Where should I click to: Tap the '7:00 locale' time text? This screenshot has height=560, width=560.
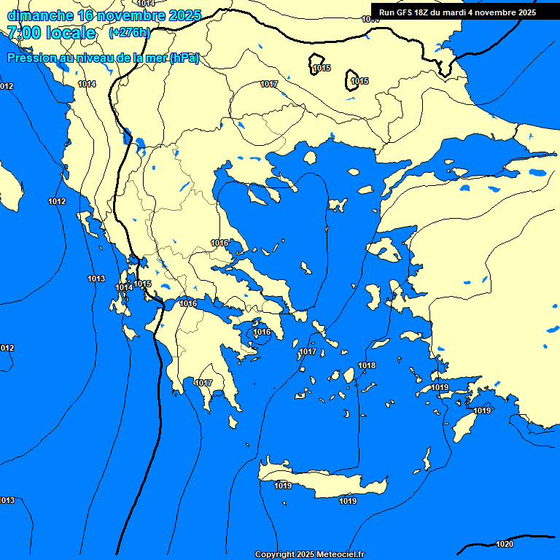tap(51, 33)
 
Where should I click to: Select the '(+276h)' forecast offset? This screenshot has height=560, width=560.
tap(130, 33)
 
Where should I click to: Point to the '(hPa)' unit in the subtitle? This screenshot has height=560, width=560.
tap(184, 58)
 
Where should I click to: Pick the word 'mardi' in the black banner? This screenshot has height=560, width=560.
tap(451, 12)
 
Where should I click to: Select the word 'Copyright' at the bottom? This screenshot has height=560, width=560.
tap(276, 554)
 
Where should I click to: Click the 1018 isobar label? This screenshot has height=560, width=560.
tap(367, 365)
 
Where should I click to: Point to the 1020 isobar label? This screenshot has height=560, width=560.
tap(504, 544)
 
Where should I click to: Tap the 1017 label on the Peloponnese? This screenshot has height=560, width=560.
tap(203, 383)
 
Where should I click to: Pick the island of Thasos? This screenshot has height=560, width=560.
tap(309, 157)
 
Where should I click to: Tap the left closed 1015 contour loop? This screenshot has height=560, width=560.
tap(317, 63)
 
